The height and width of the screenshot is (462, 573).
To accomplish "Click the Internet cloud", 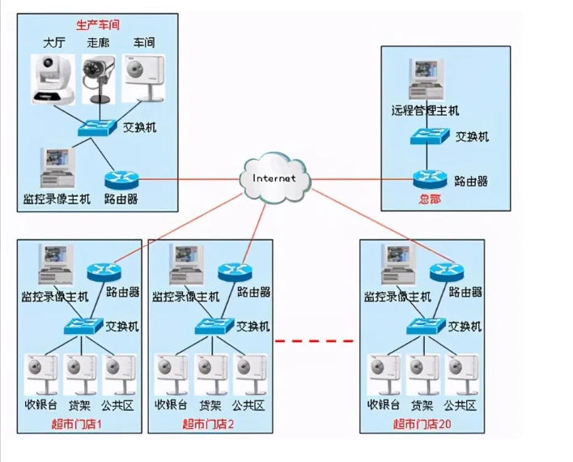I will [275, 178].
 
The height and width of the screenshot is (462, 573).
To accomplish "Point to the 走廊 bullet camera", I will [100, 79].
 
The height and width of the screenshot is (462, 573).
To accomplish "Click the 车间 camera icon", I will [143, 78].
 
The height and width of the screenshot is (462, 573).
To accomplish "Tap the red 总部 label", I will [429, 199].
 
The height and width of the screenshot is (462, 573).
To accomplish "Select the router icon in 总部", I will [427, 179].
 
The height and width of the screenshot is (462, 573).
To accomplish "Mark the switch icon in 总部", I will [426, 136].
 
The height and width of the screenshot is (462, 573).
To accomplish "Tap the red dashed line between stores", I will [315, 341].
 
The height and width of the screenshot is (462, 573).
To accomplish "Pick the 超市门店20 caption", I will [422, 423].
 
